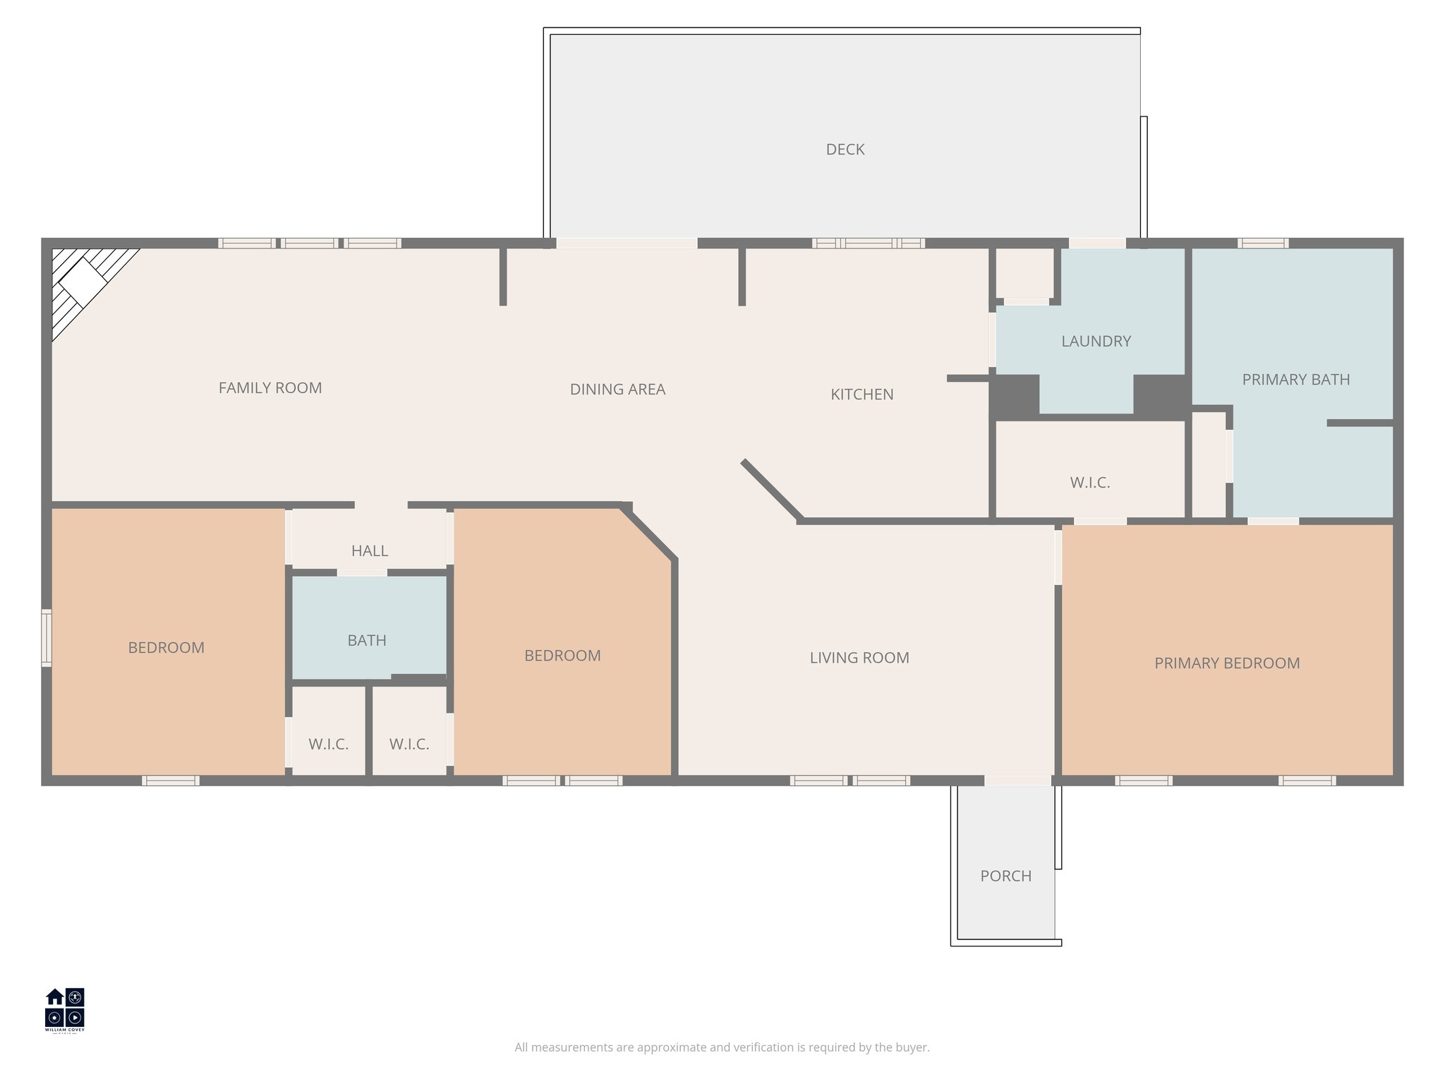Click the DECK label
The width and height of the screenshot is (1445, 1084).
point(845,150)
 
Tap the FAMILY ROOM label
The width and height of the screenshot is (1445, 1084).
point(270,387)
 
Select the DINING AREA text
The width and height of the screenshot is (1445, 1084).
point(617,389)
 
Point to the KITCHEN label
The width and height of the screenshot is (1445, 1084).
point(861,395)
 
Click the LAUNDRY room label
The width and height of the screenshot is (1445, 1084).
point(1096,342)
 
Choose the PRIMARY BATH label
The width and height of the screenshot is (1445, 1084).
point(1295,380)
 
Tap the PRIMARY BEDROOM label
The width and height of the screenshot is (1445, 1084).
point(1226,663)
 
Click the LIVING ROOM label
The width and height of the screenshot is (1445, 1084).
point(859,658)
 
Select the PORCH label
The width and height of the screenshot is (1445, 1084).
point(1005,876)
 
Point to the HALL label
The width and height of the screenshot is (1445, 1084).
point(369,550)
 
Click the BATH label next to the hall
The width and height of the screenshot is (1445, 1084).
point(366,640)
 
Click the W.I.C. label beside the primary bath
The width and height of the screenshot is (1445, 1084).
point(1089,483)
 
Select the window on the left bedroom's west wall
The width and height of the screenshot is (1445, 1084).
point(47,638)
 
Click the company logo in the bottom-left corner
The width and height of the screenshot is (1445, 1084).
point(65,1009)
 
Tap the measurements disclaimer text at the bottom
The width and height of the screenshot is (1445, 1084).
point(722,1047)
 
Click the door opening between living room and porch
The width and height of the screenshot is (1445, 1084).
point(1017,781)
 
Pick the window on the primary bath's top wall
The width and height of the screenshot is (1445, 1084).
point(1263,243)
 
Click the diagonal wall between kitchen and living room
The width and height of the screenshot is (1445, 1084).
point(772,490)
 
